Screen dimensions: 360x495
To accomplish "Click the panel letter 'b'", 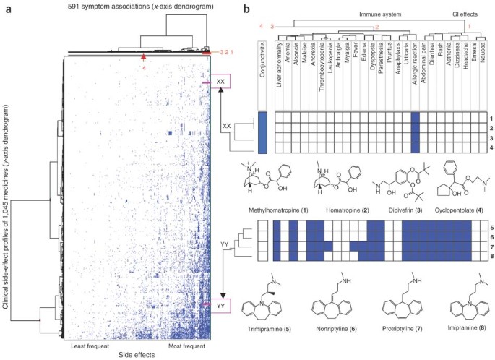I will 247,9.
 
